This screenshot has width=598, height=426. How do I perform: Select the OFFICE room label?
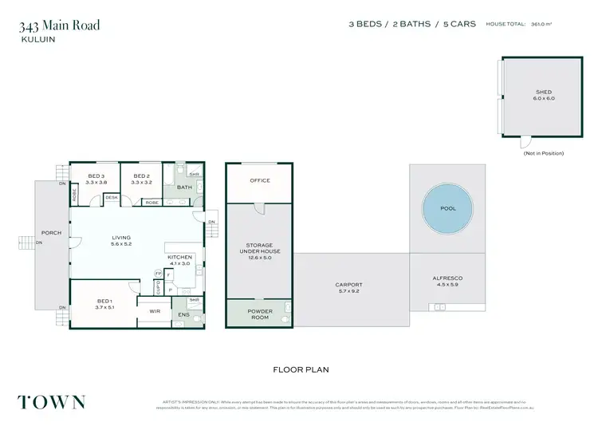pyautogui.click(x=260, y=180)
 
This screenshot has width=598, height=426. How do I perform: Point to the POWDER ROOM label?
pyautogui.click(x=259, y=314)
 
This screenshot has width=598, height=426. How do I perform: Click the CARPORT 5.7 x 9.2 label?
pyautogui.click(x=349, y=288)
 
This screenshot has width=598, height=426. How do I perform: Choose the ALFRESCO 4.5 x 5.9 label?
pyautogui.click(x=447, y=281)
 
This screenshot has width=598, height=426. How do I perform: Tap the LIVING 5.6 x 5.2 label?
pyautogui.click(x=121, y=241)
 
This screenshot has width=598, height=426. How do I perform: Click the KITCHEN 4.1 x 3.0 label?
pyautogui.click(x=179, y=259)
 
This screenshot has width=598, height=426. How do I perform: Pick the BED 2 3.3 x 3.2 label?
pyautogui.click(x=142, y=179)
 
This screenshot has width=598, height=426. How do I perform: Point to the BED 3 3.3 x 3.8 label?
pyautogui.click(x=96, y=179)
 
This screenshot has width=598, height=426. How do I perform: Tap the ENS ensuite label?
pyautogui.click(x=184, y=314)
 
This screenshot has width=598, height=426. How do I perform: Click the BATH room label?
pyautogui.click(x=184, y=187)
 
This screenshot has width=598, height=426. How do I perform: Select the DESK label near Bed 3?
pyautogui.click(x=111, y=197)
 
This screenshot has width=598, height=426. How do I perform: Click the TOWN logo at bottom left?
pyautogui.click(x=52, y=401)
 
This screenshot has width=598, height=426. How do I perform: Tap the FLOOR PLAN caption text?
pyautogui.click(x=301, y=369)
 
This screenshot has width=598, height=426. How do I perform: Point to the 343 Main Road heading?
pyautogui.click(x=60, y=26)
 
